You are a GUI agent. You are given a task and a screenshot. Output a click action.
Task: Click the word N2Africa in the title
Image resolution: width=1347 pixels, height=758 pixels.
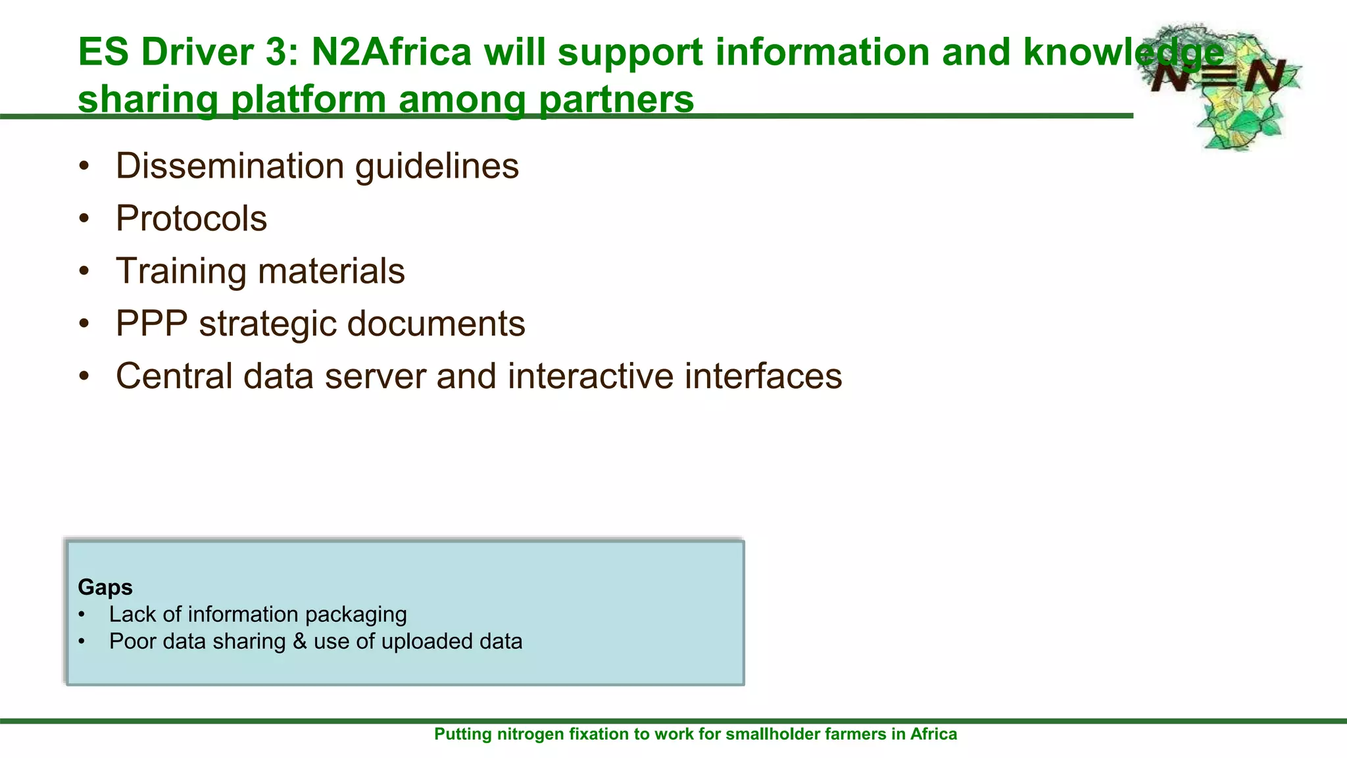[391, 52]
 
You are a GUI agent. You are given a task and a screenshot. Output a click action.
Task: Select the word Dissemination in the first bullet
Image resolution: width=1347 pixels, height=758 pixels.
[230, 166]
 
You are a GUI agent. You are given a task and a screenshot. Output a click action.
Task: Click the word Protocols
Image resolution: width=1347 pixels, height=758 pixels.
[191, 218]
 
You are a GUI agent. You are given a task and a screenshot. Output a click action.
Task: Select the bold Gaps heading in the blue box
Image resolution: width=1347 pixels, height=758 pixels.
[105, 587]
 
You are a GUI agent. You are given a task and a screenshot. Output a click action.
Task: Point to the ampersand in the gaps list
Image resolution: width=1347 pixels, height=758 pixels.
[300, 642]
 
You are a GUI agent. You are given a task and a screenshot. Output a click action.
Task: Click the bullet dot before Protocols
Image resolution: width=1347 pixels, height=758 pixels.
[84, 219]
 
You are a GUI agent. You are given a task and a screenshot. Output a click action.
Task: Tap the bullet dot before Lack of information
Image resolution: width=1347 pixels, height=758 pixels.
[82, 615]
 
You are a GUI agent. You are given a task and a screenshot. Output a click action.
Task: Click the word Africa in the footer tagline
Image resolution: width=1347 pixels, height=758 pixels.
[933, 734]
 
